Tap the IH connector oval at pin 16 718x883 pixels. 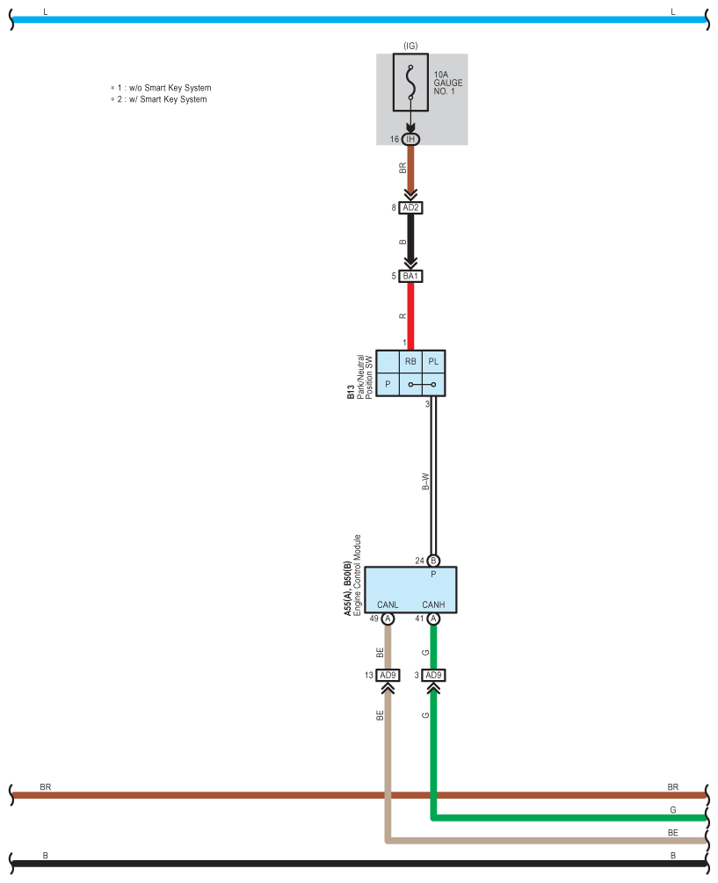point(410,139)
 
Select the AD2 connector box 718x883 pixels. point(410,208)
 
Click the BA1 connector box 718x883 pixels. point(410,276)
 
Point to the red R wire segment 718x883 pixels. point(410,313)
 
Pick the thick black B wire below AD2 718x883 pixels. point(410,239)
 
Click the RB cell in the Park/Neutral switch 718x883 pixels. point(410,361)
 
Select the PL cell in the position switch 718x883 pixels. point(433,361)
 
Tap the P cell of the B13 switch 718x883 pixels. point(388,384)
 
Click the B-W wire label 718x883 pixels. point(425,481)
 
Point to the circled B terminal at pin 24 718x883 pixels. point(433,561)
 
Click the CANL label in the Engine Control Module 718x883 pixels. point(388,604)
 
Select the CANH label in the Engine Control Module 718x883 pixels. point(433,604)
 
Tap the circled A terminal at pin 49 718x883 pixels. point(388,619)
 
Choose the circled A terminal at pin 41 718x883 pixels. point(433,619)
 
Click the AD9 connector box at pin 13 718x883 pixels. point(388,676)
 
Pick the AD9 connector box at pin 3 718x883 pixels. point(433,676)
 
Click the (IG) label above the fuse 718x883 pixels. point(410,45)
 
